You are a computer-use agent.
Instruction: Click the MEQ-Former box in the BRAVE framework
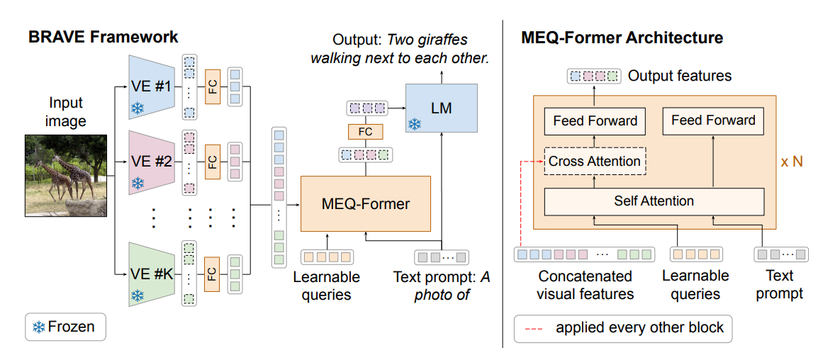point(365,204)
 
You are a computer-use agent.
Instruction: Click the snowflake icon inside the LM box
point(415,124)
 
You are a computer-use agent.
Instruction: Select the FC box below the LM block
point(365,131)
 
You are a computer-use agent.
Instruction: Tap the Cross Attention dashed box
point(594,162)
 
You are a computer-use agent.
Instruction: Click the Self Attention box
point(654,201)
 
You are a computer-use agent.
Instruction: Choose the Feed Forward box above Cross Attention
point(594,121)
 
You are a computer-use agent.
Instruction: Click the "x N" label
point(792,162)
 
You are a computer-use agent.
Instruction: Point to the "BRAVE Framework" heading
point(103,37)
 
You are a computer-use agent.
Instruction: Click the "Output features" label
point(680,75)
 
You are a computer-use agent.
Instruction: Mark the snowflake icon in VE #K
point(137,293)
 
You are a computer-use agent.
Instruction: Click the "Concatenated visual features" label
point(585,285)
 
